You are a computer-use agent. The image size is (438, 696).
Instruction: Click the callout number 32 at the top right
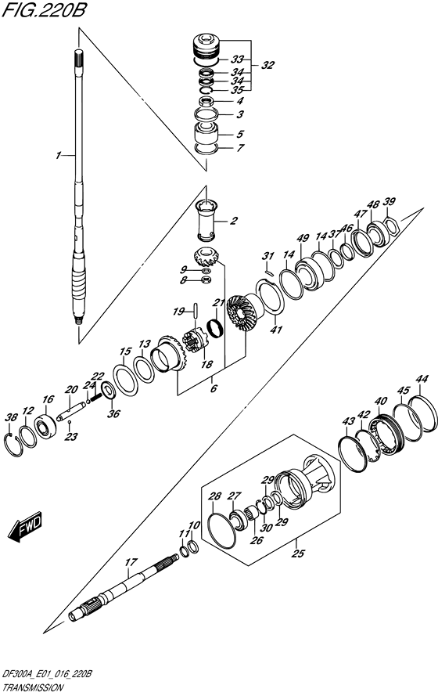pos(268,66)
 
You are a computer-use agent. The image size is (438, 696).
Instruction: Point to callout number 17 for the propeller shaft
pos(131,561)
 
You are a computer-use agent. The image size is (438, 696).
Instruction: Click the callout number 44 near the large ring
pos(422,380)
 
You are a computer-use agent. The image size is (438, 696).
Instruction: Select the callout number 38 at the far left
pos(11,417)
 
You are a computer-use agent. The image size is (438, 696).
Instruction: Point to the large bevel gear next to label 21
pos(243,315)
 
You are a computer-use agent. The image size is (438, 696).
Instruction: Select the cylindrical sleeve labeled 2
pos(207,220)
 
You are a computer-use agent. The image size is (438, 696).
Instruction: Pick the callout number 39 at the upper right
pos(389,202)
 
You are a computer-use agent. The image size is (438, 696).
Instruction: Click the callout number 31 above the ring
pos(267,256)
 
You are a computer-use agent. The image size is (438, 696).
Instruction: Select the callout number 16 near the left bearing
pos(48,399)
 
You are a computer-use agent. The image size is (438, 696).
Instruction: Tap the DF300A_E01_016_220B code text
pos(48,674)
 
